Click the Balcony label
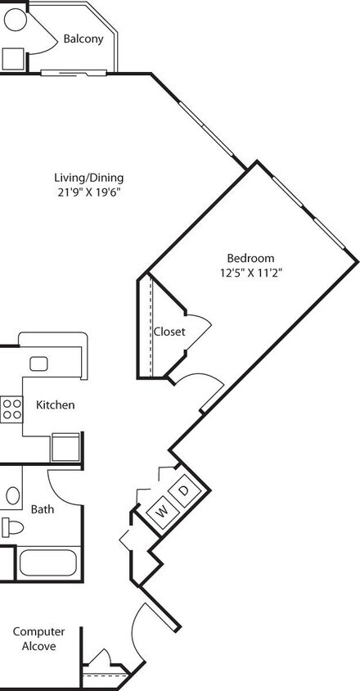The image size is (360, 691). [83, 38]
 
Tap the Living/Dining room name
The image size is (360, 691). [88, 178]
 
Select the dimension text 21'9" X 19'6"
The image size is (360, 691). [88, 193]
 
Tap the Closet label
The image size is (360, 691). [169, 332]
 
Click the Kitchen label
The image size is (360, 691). [56, 404]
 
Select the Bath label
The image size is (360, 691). [43, 508]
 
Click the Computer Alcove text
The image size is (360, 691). [34, 639]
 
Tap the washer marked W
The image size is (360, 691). [162, 512]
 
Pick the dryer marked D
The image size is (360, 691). [184, 490]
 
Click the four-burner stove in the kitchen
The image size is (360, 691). [11, 408]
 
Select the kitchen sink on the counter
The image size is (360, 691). [38, 364]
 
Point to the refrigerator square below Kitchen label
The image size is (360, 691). [65, 448]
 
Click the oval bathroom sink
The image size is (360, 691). [14, 495]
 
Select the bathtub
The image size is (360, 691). [47, 563]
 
